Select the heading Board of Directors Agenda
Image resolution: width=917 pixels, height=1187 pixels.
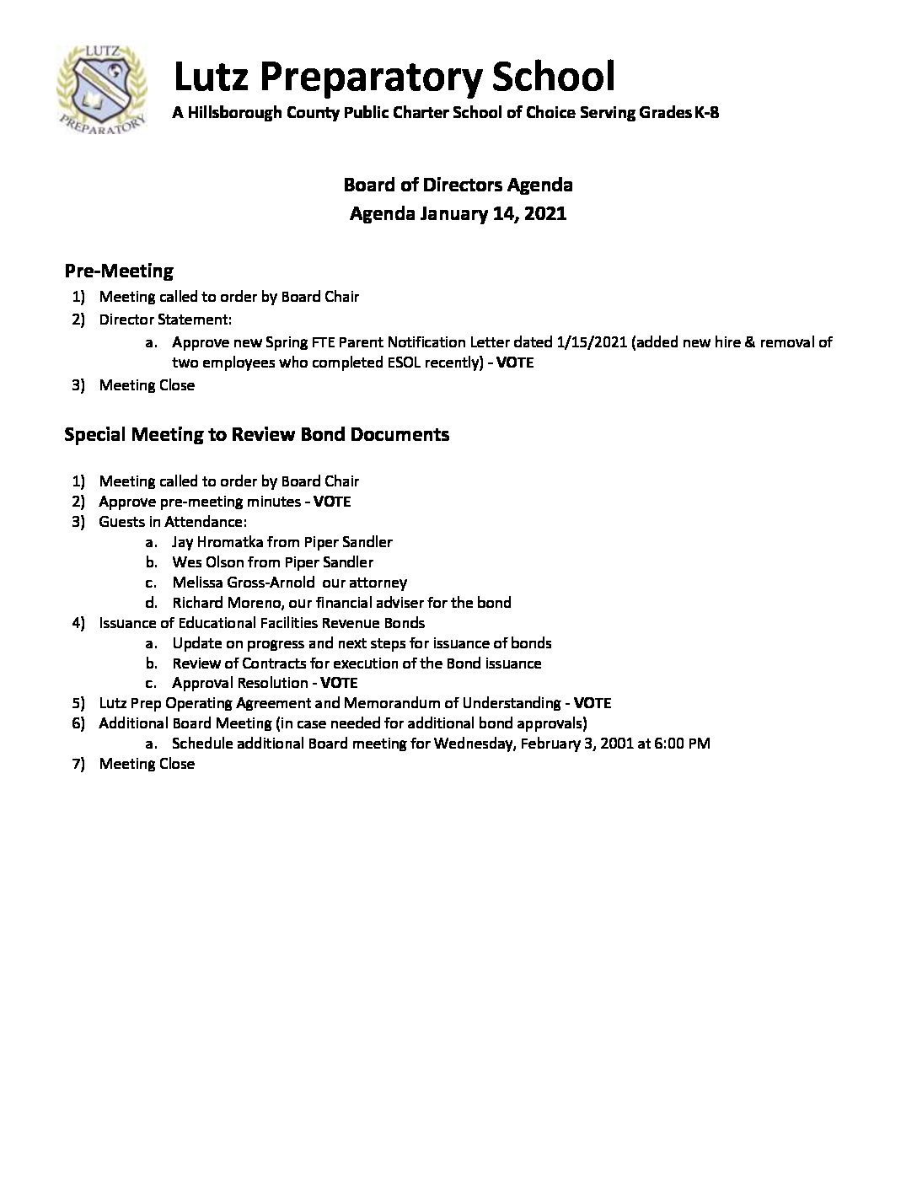coord(458,185)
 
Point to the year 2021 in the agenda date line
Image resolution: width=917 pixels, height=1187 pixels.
coord(544,213)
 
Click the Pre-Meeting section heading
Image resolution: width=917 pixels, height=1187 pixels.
coord(119,271)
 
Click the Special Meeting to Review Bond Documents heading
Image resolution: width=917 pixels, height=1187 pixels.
coord(257,434)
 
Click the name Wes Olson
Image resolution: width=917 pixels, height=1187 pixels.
coord(209,562)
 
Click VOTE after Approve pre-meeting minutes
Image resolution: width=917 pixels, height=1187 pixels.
coord(332,502)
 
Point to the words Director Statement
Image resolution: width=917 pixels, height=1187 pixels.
coord(164,320)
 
